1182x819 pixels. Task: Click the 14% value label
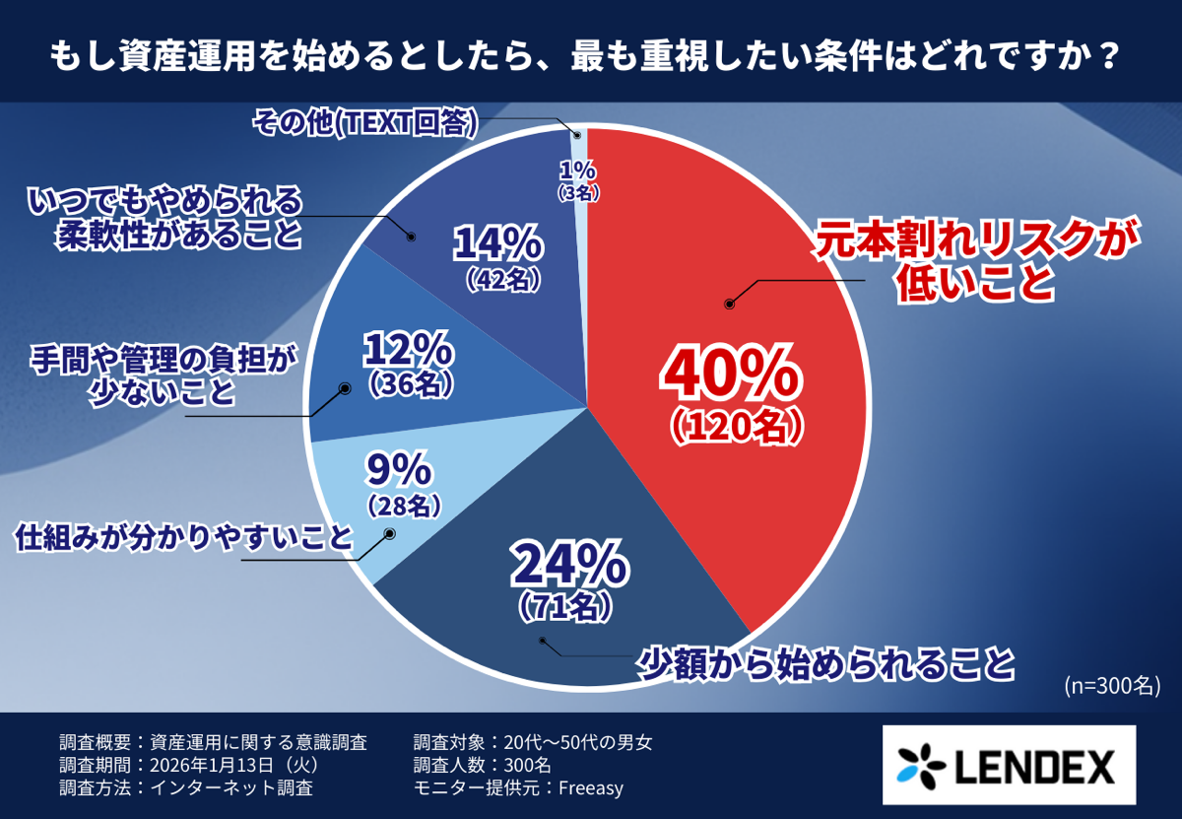click(498, 241)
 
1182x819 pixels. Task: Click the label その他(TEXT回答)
click(365, 122)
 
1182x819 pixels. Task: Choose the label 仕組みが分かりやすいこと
click(183, 538)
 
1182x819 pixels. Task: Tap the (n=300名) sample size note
click(1110, 684)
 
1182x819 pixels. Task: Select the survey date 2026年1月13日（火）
click(231, 765)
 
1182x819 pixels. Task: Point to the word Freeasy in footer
click(591, 787)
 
